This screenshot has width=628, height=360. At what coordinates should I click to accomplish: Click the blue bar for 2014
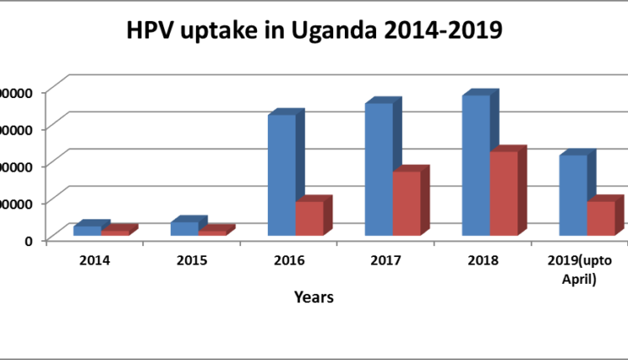pyautogui.click(x=87, y=230)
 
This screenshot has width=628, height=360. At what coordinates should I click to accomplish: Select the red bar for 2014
pyautogui.click(x=116, y=233)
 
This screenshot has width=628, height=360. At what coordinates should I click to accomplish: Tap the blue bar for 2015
pyautogui.click(x=184, y=229)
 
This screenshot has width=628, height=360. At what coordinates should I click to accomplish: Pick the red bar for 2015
pyautogui.click(x=213, y=233)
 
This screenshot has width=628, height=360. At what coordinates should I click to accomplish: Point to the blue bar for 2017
pyautogui.click(x=379, y=168)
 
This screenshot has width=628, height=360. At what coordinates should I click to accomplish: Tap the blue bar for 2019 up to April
pyautogui.click(x=574, y=195)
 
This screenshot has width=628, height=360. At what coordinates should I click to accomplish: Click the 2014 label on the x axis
pyautogui.click(x=95, y=260)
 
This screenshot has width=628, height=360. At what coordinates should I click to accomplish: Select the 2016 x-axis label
pyautogui.click(x=289, y=260)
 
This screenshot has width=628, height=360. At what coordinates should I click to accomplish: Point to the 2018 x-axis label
pyautogui.click(x=483, y=260)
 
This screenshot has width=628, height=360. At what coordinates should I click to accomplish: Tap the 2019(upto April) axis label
pyautogui.click(x=579, y=270)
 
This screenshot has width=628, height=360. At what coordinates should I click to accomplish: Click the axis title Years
pyautogui.click(x=314, y=297)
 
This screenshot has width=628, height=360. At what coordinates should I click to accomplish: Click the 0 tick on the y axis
pyautogui.click(x=28, y=241)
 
